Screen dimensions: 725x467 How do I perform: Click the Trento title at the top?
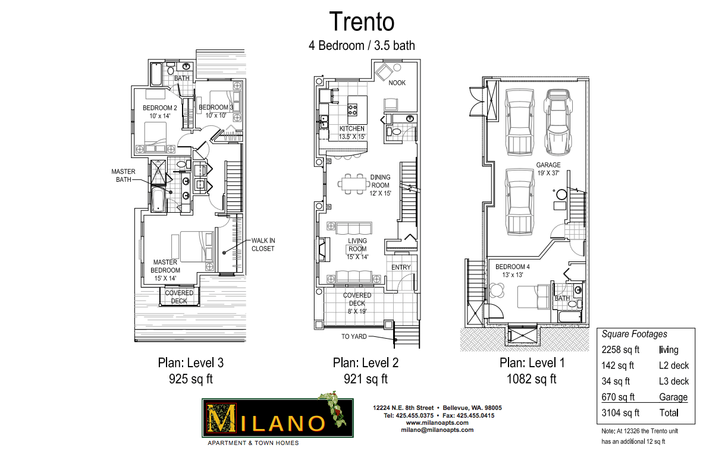[x=362, y=21]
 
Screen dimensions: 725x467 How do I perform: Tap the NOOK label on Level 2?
[x=397, y=83]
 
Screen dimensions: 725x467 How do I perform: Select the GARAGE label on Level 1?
[x=548, y=165]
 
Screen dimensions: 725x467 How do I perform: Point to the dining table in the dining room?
[x=354, y=184]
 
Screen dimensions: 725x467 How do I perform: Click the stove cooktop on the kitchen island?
[x=353, y=110]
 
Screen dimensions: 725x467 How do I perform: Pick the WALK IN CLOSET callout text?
[x=263, y=245]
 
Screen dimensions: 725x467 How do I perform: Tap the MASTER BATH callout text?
[x=123, y=175]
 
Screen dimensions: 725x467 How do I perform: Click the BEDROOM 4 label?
[x=512, y=267]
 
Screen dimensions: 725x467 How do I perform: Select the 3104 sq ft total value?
[x=620, y=413]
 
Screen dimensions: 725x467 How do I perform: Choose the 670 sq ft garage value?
[x=618, y=397]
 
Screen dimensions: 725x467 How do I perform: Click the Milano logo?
[x=277, y=418]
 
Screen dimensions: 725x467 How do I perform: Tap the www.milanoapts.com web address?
[x=437, y=422]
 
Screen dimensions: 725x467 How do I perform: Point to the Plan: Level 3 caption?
[x=191, y=362]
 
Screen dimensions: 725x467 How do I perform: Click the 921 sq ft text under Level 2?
[x=366, y=378]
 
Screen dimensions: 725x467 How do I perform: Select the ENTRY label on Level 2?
[x=401, y=267]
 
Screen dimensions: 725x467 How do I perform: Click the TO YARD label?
[x=354, y=336]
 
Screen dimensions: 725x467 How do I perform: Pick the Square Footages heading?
[x=635, y=334]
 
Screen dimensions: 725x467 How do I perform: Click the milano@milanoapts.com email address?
[x=437, y=430]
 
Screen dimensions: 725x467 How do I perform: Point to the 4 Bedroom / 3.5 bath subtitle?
[x=362, y=45]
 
